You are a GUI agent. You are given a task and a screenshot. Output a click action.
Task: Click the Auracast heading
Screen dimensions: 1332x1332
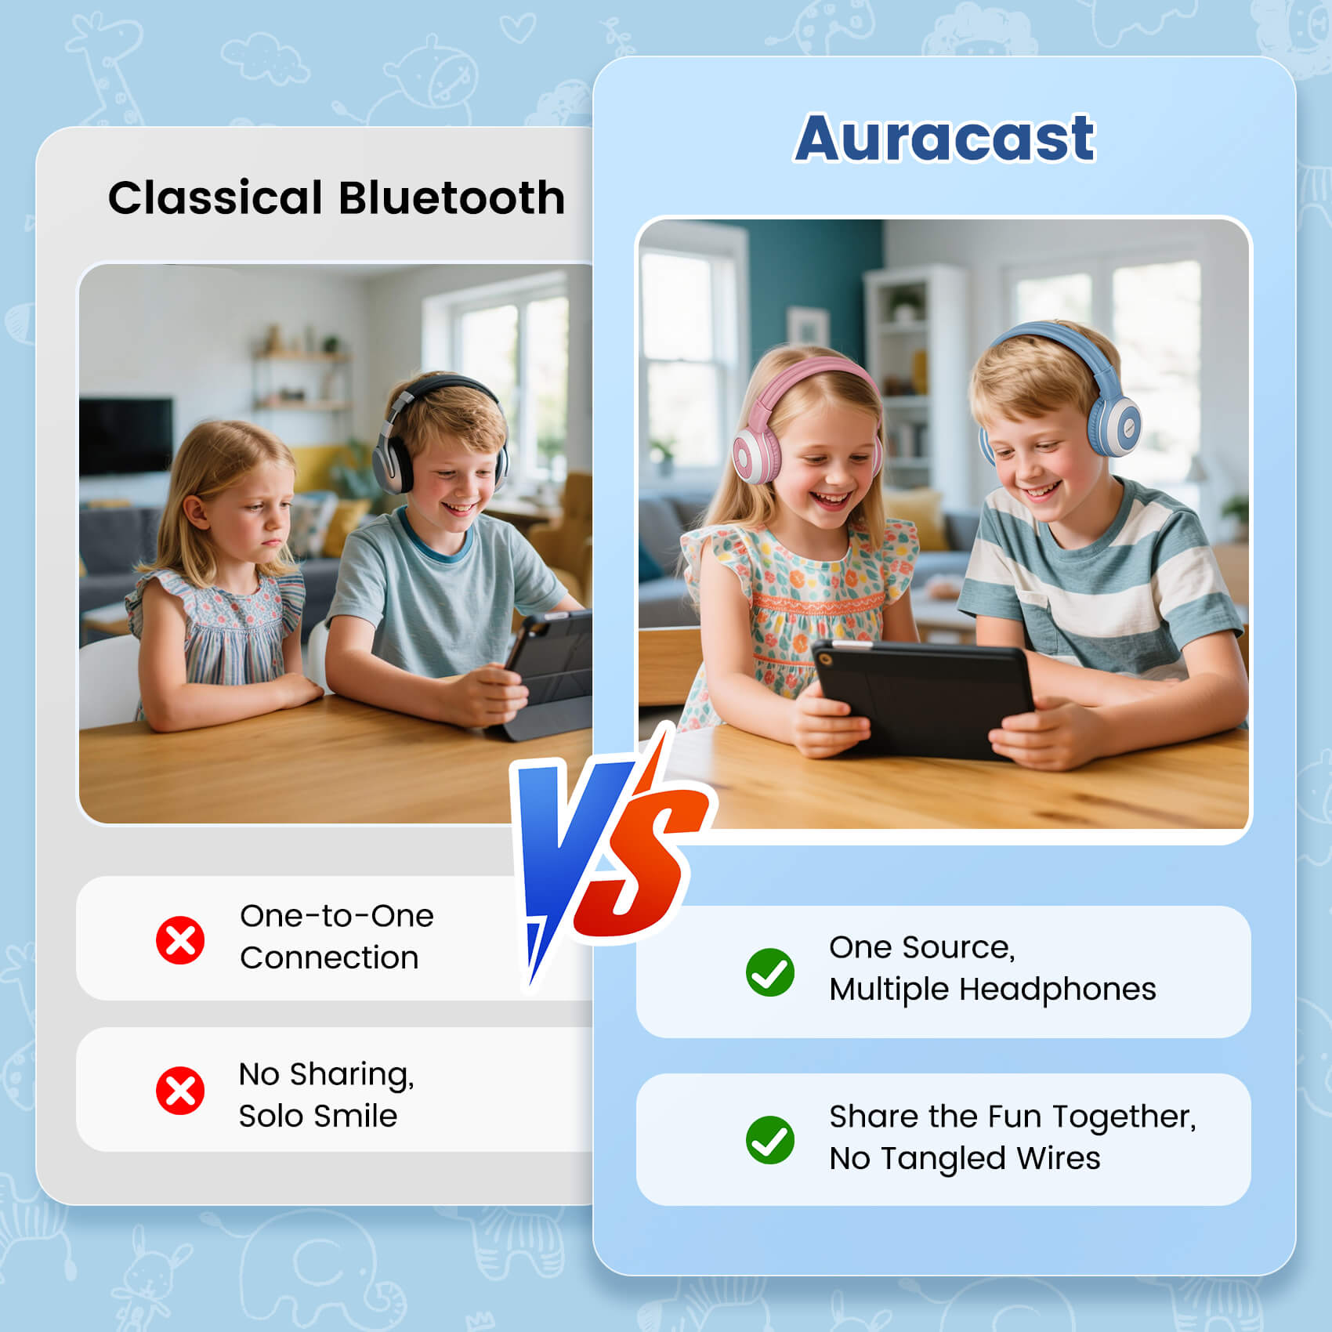pos(944,138)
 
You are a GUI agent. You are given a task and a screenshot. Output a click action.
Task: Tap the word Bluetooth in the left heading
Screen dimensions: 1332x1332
pos(452,197)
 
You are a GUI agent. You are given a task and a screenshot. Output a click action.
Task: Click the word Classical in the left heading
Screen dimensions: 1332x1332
pos(215,197)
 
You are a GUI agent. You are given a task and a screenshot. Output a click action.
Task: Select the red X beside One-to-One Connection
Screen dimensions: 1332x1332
pos(180,939)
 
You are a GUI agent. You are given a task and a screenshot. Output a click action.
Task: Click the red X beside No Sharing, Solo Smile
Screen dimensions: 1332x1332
pos(180,1090)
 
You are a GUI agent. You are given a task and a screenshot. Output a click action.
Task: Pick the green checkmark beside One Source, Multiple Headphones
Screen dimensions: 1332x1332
pos(769,972)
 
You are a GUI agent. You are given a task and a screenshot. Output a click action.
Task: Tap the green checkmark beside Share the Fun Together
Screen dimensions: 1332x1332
pos(769,1139)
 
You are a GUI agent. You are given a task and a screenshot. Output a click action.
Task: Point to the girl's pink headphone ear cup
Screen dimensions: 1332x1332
pos(753,456)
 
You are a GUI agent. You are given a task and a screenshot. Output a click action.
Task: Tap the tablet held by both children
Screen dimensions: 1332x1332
pos(925,697)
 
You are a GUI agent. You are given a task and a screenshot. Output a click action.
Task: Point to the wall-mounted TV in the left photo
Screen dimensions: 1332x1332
pos(125,436)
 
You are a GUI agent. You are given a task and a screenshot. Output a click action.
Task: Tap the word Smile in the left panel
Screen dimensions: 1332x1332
pos(361,1116)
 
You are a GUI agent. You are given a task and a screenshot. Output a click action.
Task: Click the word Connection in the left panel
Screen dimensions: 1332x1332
pos(329,957)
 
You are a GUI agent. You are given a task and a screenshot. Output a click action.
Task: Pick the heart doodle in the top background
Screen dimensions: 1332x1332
pos(517,30)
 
